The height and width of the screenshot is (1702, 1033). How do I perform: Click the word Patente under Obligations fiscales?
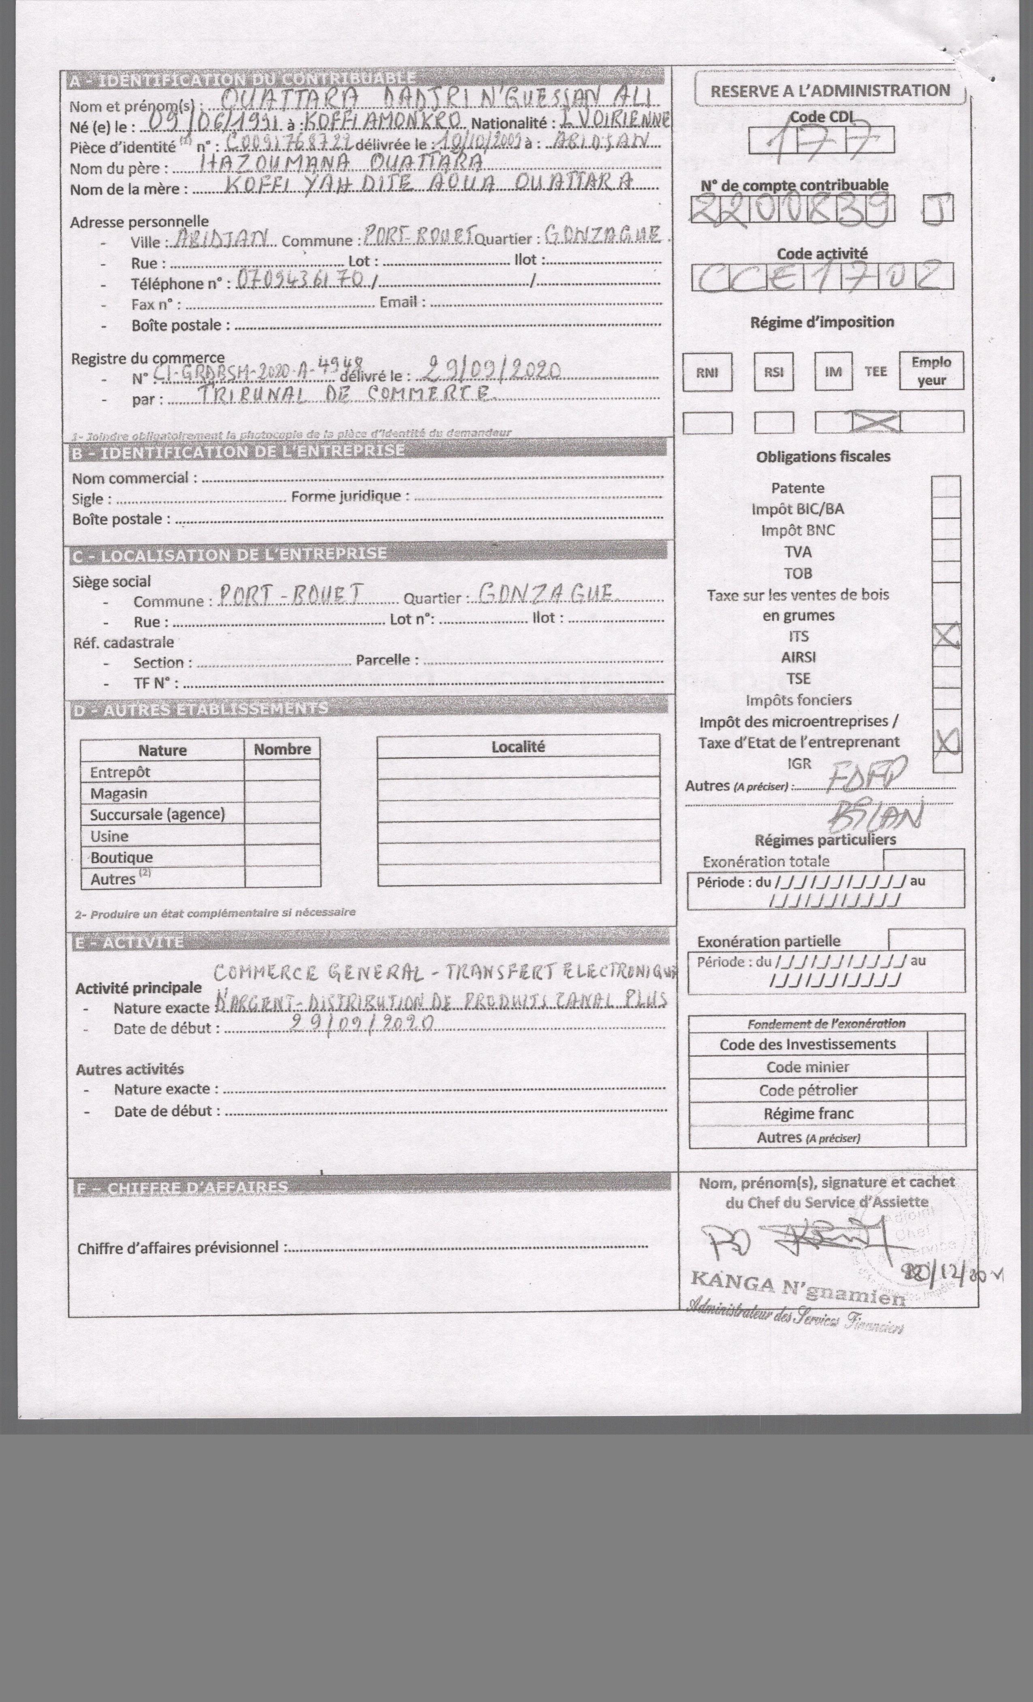[798, 488]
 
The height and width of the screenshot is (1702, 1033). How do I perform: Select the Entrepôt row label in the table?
[120, 772]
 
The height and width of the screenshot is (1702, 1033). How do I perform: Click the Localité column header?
[518, 747]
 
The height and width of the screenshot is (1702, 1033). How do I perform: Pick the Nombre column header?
[282, 749]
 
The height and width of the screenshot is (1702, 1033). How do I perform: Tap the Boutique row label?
[122, 857]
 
